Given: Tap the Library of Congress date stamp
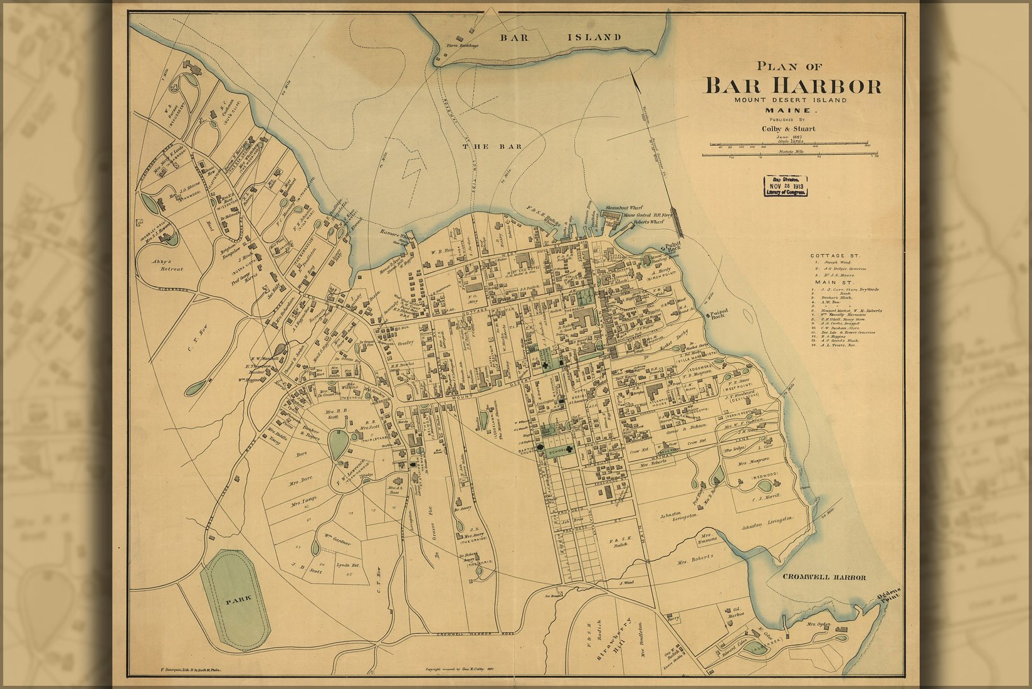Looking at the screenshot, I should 784,186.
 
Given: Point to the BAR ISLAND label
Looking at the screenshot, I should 561,38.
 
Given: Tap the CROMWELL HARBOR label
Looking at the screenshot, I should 824,577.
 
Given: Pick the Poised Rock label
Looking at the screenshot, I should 719,314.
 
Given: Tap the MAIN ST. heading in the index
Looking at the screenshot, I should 829,282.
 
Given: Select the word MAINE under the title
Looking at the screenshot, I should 787,110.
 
